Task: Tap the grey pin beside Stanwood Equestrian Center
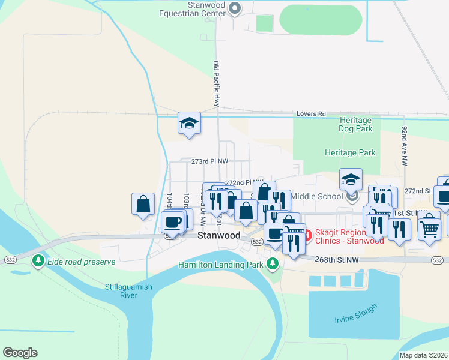click(x=235, y=8)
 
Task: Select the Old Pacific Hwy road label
click(x=216, y=84)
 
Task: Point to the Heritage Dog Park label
click(x=356, y=125)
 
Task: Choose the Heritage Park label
click(x=350, y=152)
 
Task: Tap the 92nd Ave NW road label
click(x=405, y=146)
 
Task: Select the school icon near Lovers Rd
click(x=189, y=123)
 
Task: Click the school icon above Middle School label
click(x=351, y=179)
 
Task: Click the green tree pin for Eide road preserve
click(x=38, y=260)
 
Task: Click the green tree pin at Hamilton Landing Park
click(x=273, y=263)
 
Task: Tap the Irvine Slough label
click(x=356, y=314)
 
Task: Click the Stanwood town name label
click(x=219, y=236)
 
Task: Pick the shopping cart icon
click(x=429, y=227)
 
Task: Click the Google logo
click(x=20, y=353)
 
